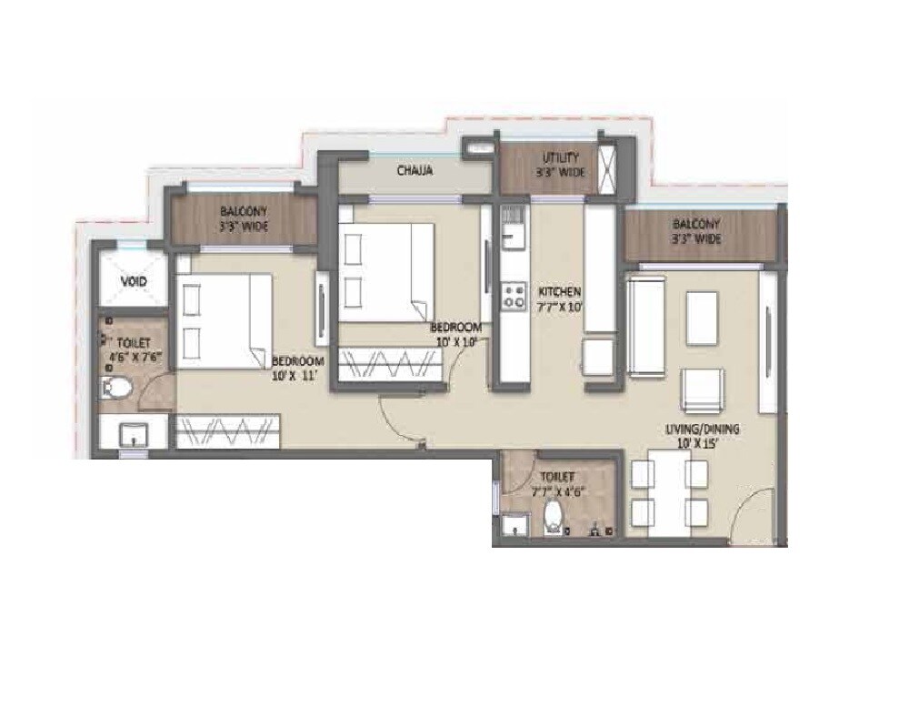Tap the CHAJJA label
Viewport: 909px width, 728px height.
tap(414, 170)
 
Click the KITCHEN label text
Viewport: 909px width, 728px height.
tap(559, 291)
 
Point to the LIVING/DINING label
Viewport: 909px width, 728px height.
tap(706, 429)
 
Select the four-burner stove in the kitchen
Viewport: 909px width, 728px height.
tap(514, 294)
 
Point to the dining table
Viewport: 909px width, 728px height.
tap(670, 499)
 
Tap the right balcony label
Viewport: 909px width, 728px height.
tap(696, 231)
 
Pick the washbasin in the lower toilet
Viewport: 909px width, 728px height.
tap(514, 525)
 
